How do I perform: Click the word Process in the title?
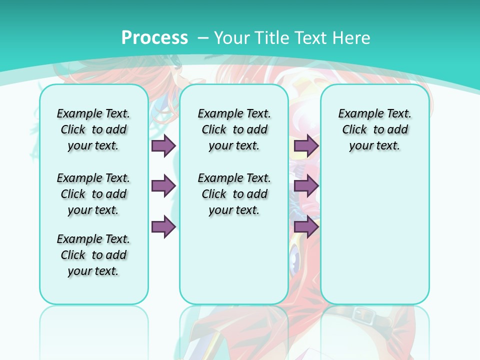[154, 38]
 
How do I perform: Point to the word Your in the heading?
[232, 38]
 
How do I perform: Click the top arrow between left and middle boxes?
[163, 145]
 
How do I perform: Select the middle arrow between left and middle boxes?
[163, 186]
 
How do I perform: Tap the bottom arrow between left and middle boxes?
[163, 227]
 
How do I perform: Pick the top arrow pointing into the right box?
[306, 145]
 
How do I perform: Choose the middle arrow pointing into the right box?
[306, 186]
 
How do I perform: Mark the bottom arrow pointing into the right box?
[306, 227]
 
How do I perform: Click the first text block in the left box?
[93, 129]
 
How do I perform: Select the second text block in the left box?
[93, 194]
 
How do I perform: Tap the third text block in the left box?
[93, 255]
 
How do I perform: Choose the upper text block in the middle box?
[234, 129]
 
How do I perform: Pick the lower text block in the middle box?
[234, 194]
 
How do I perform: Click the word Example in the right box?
[358, 114]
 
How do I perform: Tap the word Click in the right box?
[354, 130]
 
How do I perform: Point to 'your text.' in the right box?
[374, 146]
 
